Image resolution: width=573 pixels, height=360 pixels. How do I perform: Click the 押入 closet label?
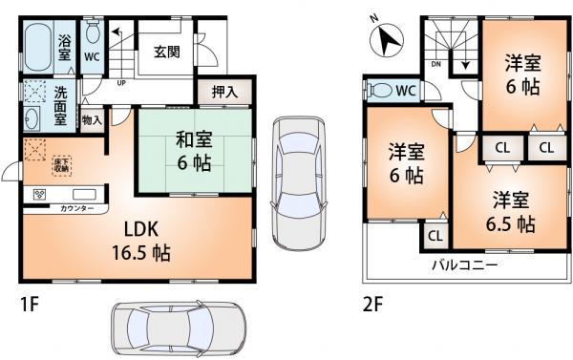(225, 94)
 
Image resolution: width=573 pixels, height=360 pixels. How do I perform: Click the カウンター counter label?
(76, 207)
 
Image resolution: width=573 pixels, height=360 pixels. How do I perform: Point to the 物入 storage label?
(92, 121)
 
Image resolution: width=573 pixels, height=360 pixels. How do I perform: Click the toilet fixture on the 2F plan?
(380, 92)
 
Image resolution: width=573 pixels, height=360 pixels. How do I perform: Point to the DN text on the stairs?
(435, 65)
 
